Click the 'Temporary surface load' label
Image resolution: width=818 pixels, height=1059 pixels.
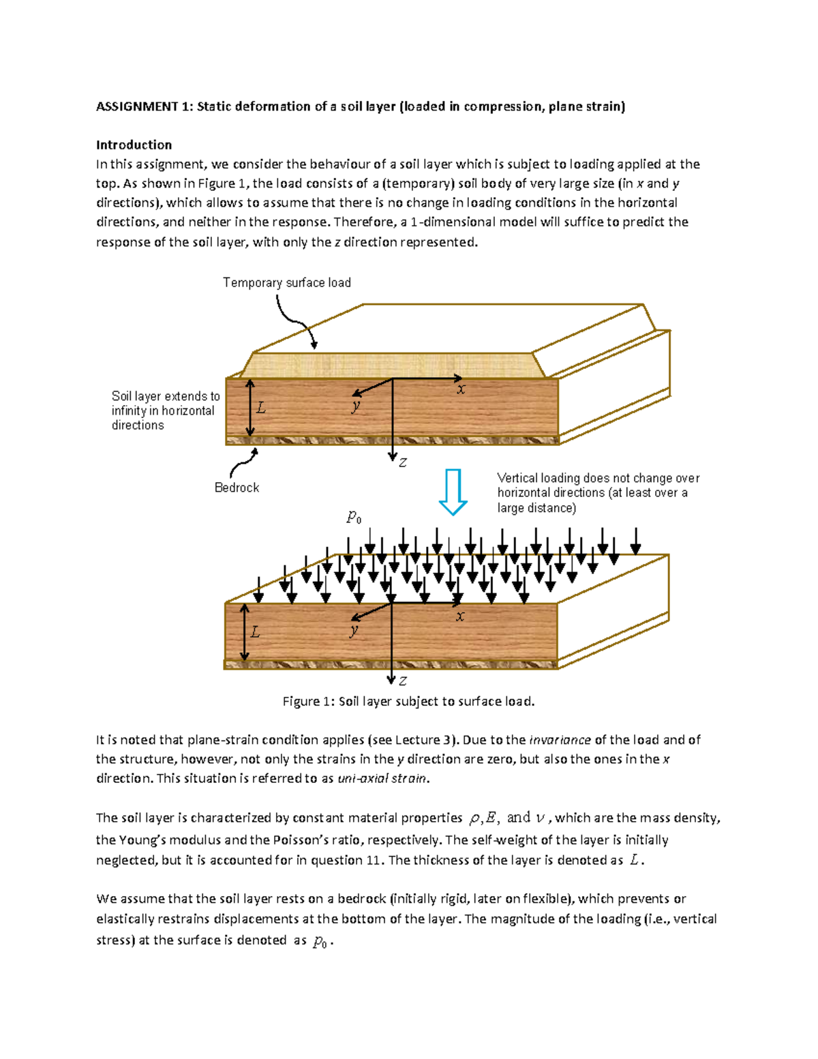coord(286,282)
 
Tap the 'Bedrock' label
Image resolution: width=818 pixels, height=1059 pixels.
coord(237,488)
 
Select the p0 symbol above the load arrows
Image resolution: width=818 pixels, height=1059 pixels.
coord(354,518)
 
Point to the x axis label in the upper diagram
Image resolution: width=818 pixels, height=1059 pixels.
coord(461,389)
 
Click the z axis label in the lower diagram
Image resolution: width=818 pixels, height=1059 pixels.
coord(403,681)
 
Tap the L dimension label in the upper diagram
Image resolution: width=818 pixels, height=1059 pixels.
coord(260,408)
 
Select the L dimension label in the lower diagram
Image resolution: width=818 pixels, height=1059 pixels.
coord(256,632)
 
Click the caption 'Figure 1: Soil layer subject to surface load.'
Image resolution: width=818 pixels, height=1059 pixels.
coord(408,701)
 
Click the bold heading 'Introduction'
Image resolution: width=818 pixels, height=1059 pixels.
coord(134,145)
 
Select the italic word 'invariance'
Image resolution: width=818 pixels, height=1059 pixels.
coord(560,740)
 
